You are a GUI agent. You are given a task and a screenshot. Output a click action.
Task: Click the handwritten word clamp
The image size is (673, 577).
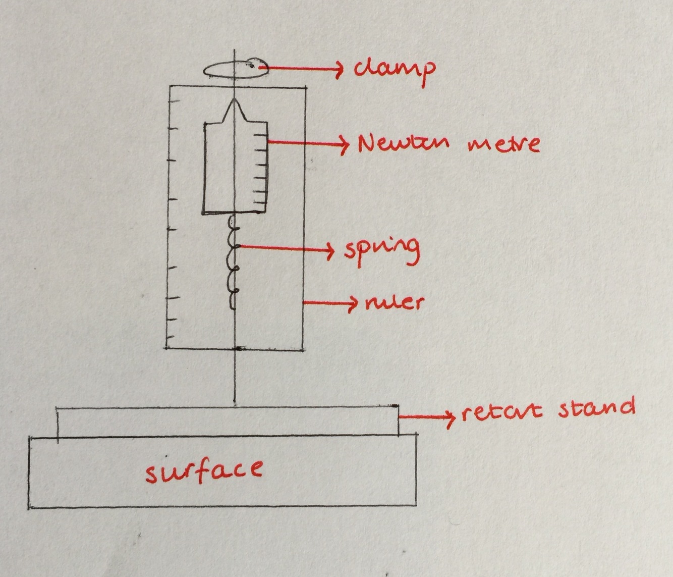click(x=394, y=69)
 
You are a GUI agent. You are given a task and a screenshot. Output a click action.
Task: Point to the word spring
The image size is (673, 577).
click(x=382, y=248)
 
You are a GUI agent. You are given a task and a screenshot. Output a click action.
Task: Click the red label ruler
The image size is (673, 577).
click(x=394, y=302)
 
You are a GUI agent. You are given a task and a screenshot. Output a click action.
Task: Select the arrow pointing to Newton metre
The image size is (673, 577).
click(x=308, y=144)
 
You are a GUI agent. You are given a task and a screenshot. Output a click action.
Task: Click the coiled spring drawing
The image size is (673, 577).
click(x=233, y=263)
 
